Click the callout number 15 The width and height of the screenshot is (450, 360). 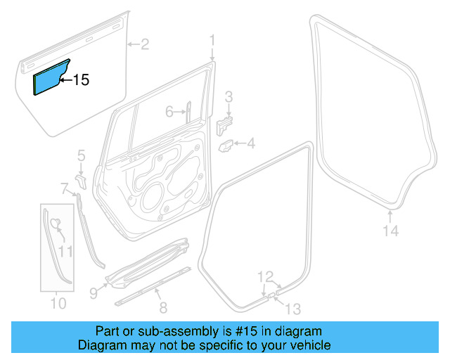[x=82, y=80]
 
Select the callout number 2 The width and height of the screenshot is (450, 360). [x=144, y=46]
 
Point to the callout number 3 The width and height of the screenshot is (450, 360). [x=229, y=96]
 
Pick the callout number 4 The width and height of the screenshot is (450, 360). [x=251, y=145]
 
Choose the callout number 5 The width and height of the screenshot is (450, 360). [x=81, y=155]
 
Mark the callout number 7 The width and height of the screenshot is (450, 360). [x=63, y=188]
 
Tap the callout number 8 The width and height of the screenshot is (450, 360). [x=163, y=307]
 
